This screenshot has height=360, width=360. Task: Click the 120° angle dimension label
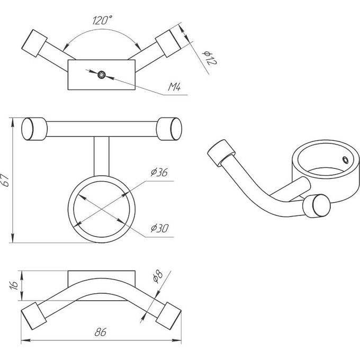pos(102,20)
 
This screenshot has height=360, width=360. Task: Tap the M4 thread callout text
pos(175,87)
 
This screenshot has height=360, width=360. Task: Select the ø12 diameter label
pos(210,58)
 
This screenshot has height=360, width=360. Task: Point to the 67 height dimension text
pos(5,180)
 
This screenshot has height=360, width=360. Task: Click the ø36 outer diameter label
pos(159,172)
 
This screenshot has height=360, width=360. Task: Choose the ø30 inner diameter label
pos(160,228)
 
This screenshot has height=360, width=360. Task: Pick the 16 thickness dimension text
pos(14,285)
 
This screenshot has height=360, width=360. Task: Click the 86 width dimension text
pos(101,332)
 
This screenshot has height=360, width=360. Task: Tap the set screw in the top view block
pos(102,75)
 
